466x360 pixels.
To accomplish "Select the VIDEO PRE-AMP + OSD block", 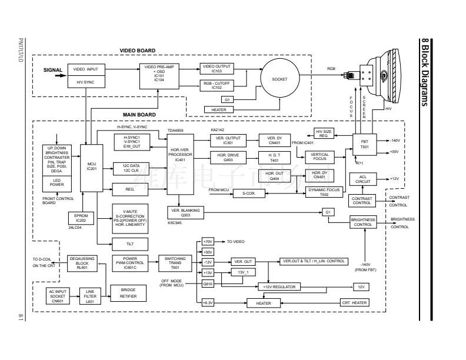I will [x=159, y=74].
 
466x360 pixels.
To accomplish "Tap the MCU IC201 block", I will [x=91, y=166].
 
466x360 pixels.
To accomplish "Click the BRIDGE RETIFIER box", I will [x=129, y=293].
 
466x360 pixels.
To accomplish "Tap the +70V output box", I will [x=207, y=241].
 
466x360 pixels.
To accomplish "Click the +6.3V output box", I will [x=207, y=303].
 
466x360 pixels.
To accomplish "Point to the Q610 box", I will [x=207, y=284].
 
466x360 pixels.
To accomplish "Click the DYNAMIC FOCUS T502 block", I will [x=325, y=192].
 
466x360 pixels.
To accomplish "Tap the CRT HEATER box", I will [x=354, y=303].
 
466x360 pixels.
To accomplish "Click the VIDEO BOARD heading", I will [x=138, y=51].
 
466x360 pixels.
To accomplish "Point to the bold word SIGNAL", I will [x=53, y=70].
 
